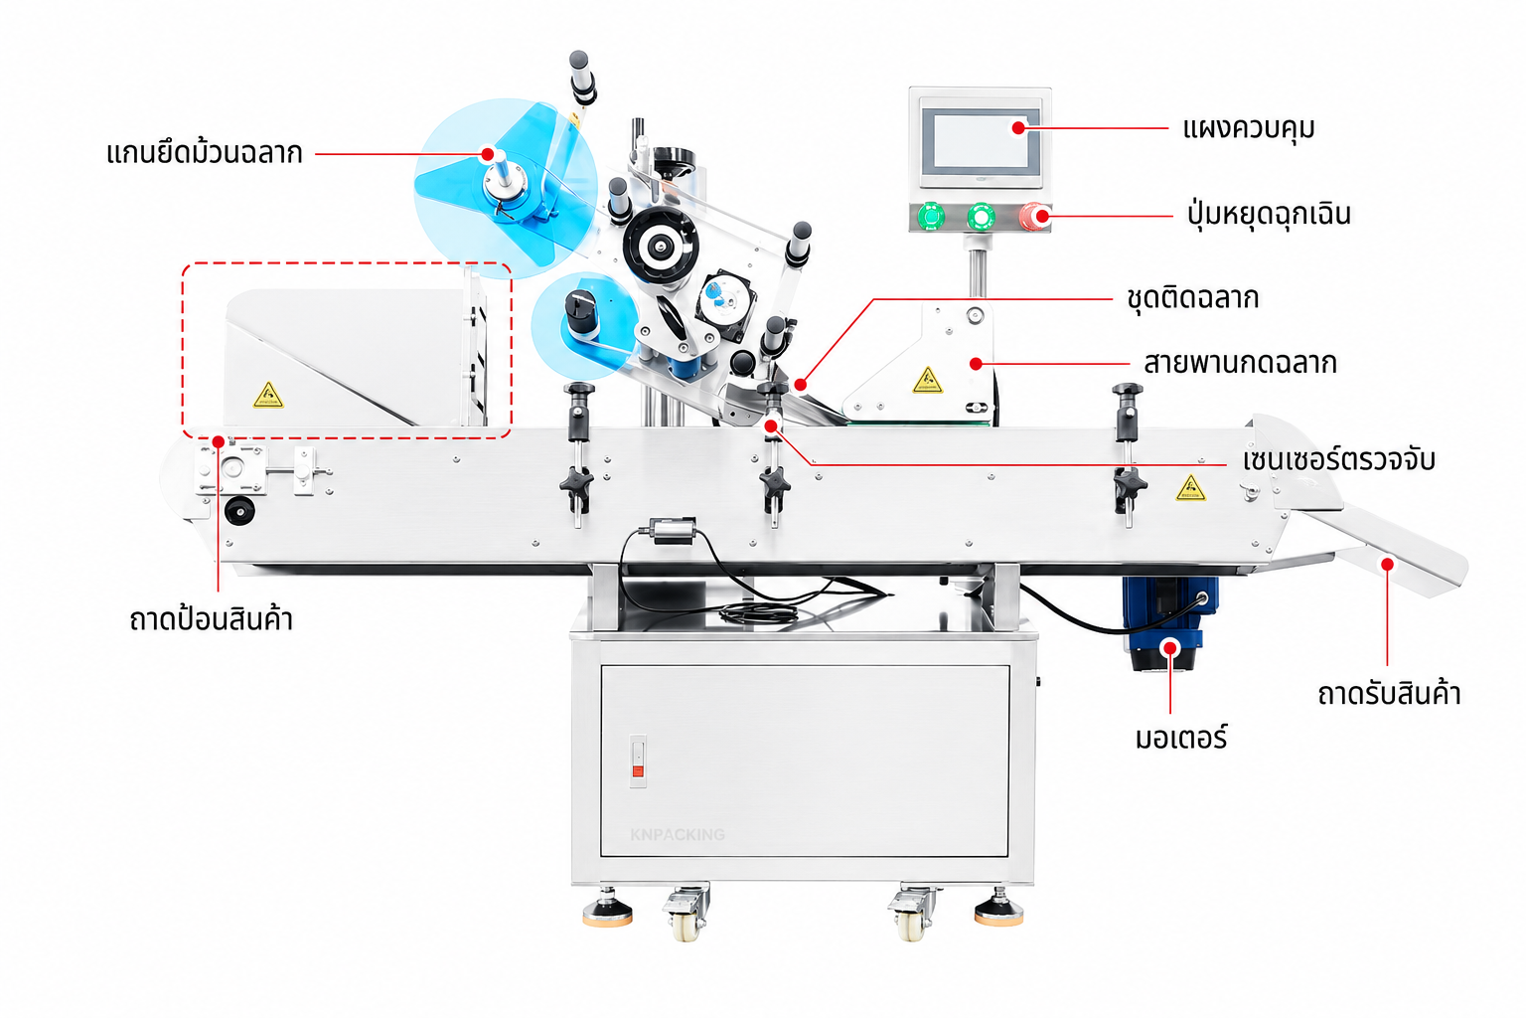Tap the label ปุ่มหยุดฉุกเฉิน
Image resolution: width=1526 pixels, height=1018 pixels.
[x=1269, y=215]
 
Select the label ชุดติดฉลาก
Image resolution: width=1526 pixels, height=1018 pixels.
[x=1193, y=298]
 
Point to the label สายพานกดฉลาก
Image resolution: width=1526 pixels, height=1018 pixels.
[x=1240, y=364]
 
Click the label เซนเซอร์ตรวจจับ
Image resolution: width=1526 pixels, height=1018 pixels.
[x=1338, y=460]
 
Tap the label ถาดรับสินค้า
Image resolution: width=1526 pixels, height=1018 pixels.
[x=1389, y=694]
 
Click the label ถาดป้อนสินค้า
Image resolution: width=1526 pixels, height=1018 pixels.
[x=212, y=619]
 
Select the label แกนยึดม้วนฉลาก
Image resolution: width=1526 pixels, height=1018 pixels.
[x=205, y=153]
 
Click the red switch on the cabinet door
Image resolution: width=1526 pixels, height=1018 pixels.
[x=639, y=771]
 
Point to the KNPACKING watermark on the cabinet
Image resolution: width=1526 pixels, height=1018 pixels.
[x=678, y=835]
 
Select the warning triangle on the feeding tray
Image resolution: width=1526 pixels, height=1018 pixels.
[x=268, y=396]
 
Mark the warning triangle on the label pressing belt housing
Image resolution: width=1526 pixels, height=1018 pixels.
[x=928, y=381]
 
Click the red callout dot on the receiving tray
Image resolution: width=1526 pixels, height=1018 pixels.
[x=1387, y=564]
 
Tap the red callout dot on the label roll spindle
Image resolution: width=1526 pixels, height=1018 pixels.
[x=487, y=154]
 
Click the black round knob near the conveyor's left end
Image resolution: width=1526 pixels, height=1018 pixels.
[x=239, y=511]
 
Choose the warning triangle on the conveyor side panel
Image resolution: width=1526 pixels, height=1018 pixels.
[x=1190, y=488]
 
